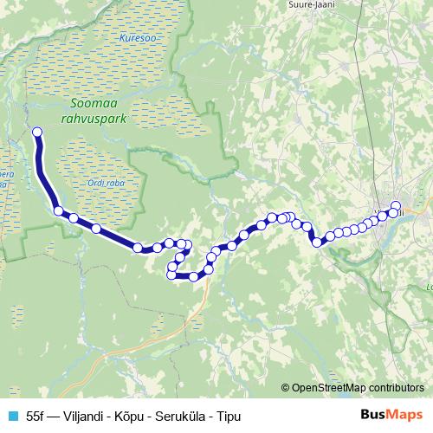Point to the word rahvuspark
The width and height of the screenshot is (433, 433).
coord(94,118)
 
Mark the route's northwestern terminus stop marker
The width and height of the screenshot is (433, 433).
coord(37,132)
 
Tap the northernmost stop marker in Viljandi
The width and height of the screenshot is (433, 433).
coord(396,204)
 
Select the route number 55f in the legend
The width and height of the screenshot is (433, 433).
coord(37,416)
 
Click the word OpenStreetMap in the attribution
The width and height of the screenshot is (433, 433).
coord(333,389)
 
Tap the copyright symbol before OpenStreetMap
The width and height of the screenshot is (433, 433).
coord(286,389)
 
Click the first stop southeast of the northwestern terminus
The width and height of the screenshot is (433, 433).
coord(58,210)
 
